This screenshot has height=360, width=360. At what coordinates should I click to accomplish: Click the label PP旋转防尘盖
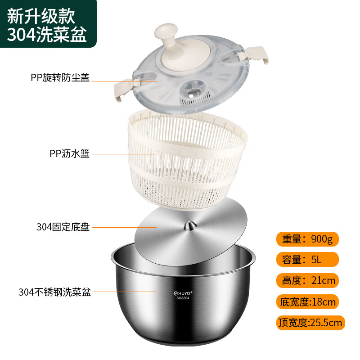(x=60, y=78)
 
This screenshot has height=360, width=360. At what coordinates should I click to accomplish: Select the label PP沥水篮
(x=70, y=153)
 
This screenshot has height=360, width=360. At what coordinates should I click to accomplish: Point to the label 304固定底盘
(x=63, y=227)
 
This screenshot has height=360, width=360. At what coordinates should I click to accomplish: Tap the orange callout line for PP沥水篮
(x=124, y=154)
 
